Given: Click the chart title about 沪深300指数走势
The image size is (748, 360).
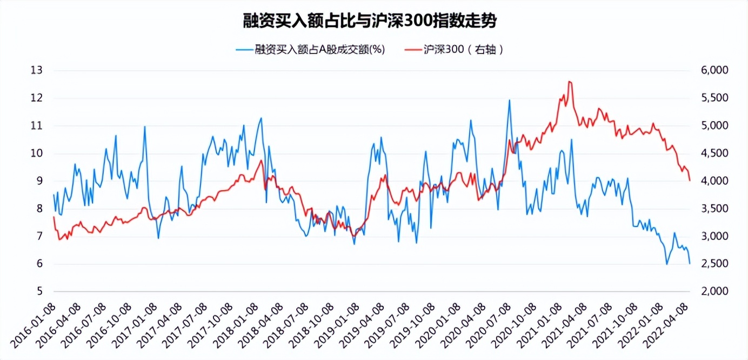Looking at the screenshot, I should [369, 22].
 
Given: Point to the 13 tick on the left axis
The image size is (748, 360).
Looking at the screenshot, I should [37, 70].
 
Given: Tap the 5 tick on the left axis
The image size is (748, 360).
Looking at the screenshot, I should [39, 291].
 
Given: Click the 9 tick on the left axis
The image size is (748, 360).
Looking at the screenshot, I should [39, 181].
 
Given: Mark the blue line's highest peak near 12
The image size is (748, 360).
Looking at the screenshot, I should [509, 100].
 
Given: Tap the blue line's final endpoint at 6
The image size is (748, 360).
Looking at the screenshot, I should [690, 263].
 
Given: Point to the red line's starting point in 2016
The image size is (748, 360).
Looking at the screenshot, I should [54, 217].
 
